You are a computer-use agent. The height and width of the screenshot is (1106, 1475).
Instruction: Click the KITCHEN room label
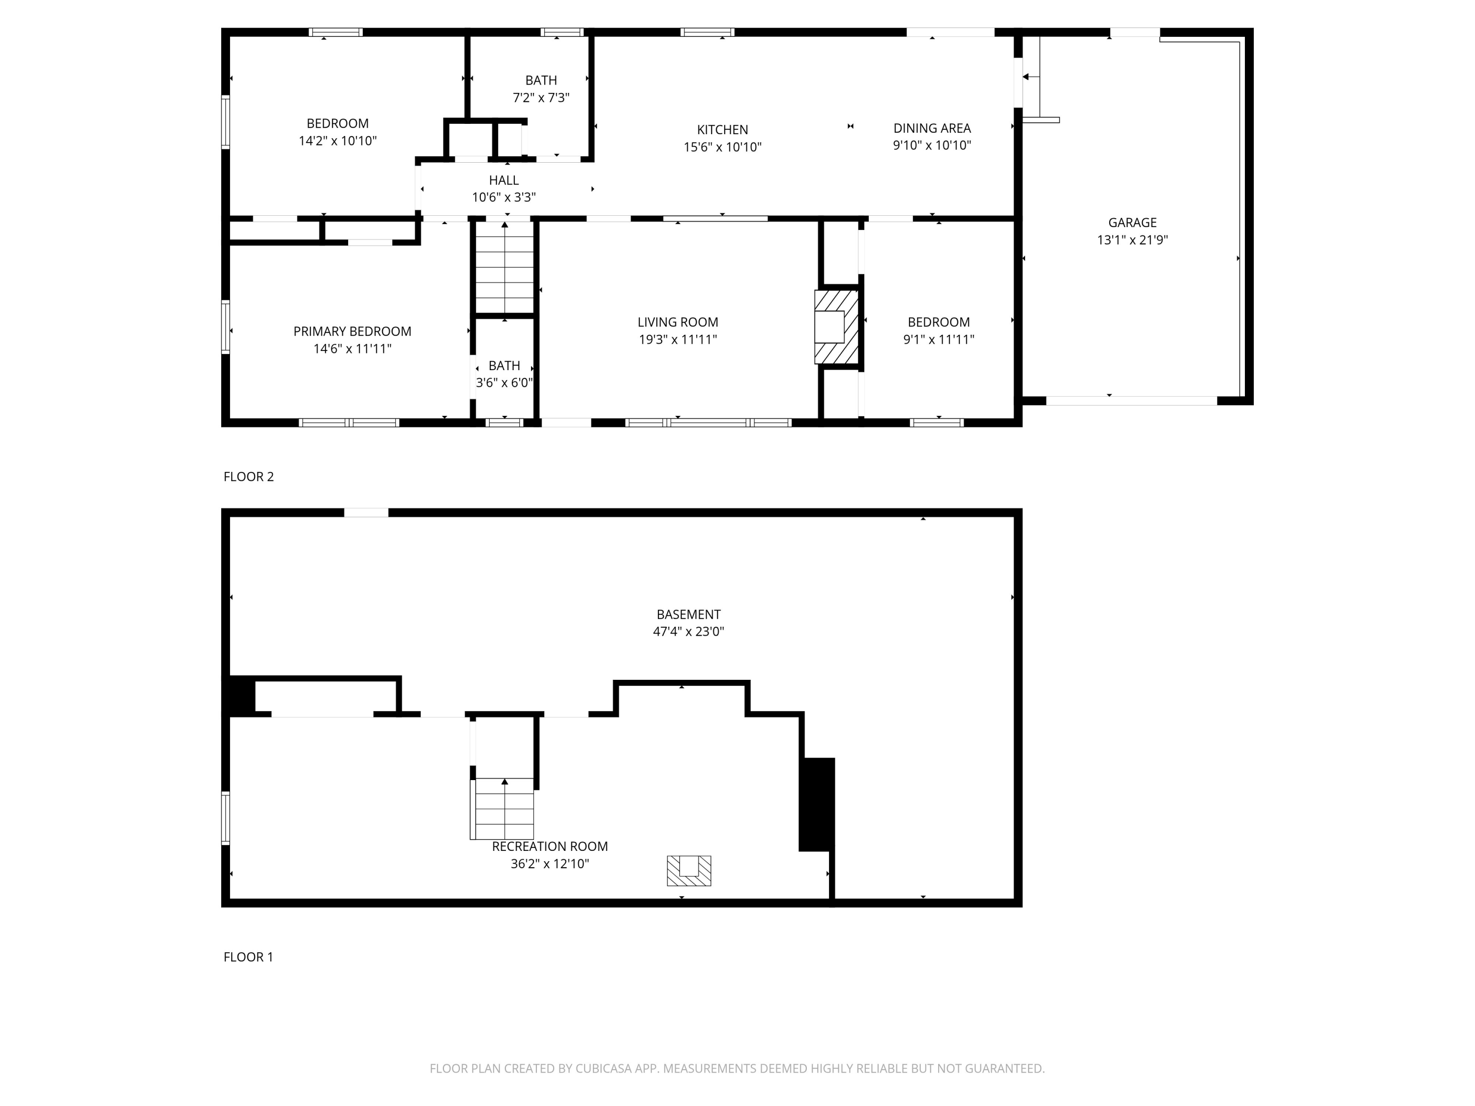[722, 130]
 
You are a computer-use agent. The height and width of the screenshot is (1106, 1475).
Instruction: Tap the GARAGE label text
[1132, 223]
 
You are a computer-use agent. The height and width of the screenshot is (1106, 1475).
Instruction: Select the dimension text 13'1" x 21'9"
[1132, 240]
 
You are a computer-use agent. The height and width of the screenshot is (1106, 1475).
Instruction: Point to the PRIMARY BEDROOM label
[352, 331]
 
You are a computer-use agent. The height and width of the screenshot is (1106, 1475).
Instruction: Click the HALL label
[503, 180]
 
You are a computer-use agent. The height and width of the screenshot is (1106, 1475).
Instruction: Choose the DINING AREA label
[932, 128]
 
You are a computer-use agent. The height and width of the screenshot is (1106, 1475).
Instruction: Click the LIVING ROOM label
[678, 322]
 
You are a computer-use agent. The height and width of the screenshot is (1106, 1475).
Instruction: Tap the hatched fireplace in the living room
[836, 327]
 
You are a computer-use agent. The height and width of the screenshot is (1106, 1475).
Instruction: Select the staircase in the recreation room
[503, 808]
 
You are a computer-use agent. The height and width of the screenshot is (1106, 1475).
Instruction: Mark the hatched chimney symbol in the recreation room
[689, 871]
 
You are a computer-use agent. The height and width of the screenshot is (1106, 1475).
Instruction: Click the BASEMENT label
[688, 614]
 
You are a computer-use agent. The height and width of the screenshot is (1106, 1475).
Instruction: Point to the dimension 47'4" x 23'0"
[688, 631]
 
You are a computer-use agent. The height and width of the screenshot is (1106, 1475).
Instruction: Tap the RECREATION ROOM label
[550, 846]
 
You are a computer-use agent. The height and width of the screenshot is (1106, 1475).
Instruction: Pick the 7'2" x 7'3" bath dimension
[541, 98]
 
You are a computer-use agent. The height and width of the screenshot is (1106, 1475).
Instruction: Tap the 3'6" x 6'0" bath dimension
[504, 382]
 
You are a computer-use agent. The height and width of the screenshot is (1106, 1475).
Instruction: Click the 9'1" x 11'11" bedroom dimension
[938, 339]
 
